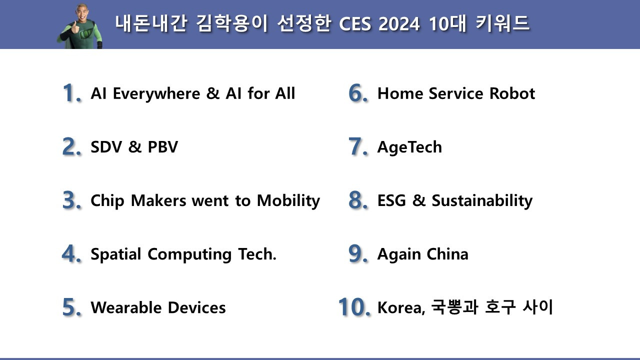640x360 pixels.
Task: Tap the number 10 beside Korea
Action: click(354, 307)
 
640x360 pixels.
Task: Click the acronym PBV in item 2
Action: click(162, 147)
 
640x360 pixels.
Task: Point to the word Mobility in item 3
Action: click(288, 201)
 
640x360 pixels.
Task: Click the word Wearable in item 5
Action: click(126, 307)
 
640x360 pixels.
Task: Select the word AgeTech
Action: click(409, 147)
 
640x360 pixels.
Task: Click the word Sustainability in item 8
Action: click(482, 201)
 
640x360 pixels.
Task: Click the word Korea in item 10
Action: click(400, 307)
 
